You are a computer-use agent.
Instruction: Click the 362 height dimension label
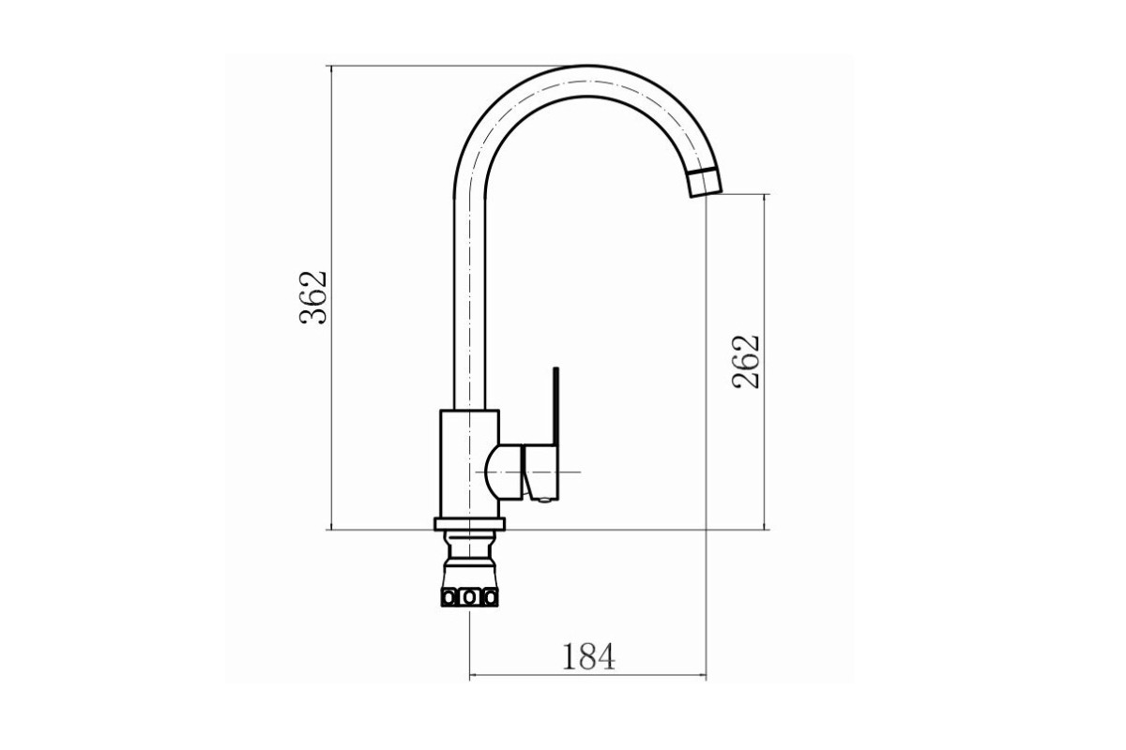click(313, 297)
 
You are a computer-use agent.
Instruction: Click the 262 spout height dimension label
click(745, 361)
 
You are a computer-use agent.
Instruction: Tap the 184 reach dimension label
click(588, 656)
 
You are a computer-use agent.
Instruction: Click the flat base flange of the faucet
click(469, 524)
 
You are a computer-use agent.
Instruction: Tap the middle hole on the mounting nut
click(469, 598)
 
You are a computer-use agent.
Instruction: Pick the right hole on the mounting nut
click(489, 598)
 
